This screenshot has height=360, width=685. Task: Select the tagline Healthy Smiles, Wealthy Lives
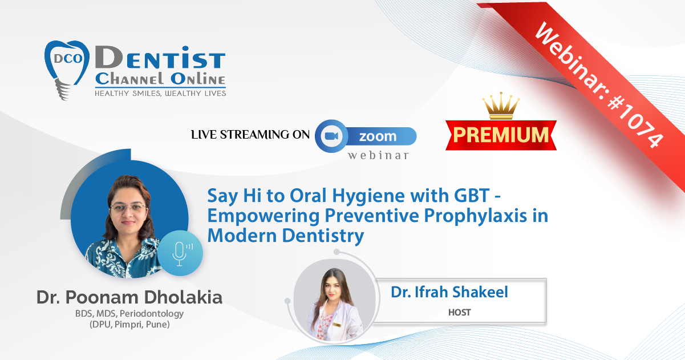click(160, 94)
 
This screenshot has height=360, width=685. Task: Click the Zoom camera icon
click(331, 136)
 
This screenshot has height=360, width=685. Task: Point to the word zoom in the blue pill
click(378, 136)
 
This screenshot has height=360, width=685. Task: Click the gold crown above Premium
click(501, 106)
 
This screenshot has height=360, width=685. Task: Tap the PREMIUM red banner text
click(501, 135)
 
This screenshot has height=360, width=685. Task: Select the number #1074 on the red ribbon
click(635, 122)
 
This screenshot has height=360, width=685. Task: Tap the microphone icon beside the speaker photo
click(180, 253)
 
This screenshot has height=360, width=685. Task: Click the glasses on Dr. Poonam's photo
click(128, 208)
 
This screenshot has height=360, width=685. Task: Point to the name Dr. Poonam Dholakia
click(129, 297)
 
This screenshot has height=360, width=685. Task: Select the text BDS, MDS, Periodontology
click(129, 314)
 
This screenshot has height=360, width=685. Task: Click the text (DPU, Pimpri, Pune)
click(129, 324)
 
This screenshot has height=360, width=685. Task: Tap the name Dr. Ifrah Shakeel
click(449, 292)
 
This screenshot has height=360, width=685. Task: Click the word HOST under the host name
click(459, 312)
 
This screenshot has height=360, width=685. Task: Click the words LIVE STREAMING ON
click(250, 135)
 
